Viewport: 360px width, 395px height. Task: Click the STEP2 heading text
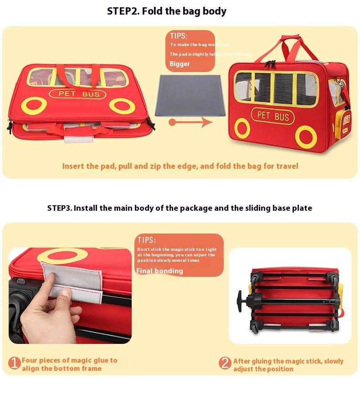pos(166,11)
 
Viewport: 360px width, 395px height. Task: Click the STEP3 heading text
pos(180,208)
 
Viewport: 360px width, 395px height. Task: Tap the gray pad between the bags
pos(191,95)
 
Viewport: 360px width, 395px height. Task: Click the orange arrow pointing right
pos(191,122)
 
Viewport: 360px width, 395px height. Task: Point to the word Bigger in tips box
pos(180,64)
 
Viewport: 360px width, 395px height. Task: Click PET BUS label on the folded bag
pos(77,94)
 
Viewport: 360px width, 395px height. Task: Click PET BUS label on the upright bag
pos(273,116)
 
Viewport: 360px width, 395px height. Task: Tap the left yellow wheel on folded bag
pos(33,105)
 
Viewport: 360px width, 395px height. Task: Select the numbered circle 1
pos(15,364)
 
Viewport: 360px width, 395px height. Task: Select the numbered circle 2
pos(225,364)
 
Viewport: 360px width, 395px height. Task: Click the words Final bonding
pos(159,271)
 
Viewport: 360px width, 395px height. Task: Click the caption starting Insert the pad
pos(180,166)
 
